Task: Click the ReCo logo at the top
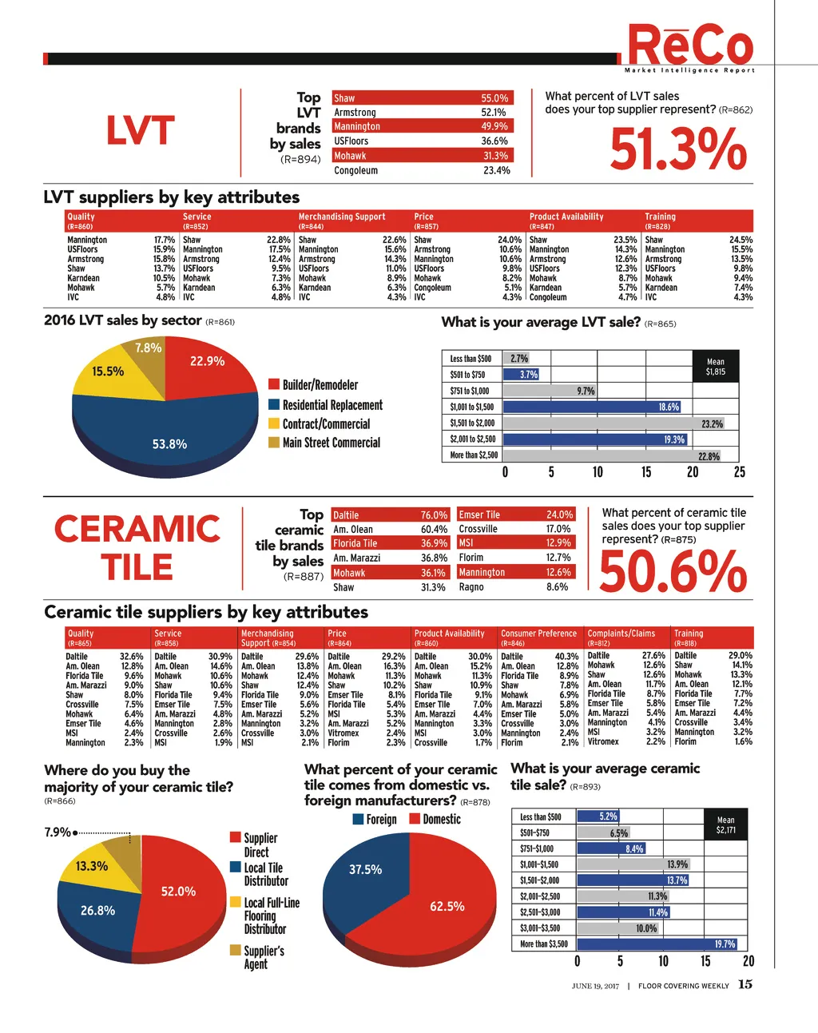click(x=690, y=46)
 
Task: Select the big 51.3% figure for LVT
click(x=678, y=149)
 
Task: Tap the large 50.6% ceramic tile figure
click(x=673, y=572)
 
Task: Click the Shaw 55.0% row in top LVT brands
click(x=421, y=98)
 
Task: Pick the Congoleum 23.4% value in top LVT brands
click(x=496, y=171)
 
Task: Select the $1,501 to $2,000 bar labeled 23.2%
click(x=613, y=423)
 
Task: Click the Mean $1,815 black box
click(x=716, y=367)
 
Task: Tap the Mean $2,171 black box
click(x=725, y=825)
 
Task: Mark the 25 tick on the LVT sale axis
click(x=740, y=472)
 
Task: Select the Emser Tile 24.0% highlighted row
click(x=515, y=515)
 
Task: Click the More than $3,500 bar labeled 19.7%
click(x=661, y=944)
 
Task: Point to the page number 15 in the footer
click(x=745, y=984)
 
